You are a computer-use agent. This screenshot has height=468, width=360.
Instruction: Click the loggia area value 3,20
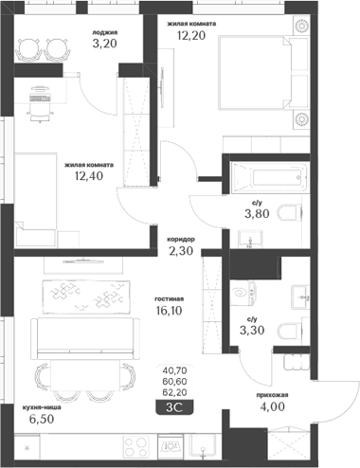click(x=105, y=43)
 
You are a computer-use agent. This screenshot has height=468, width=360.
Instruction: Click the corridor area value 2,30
click(x=179, y=252)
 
